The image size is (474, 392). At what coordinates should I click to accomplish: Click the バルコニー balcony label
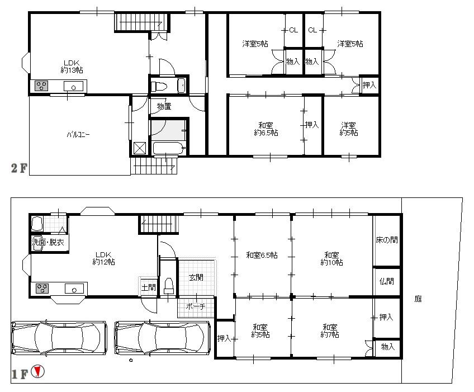[x=78, y=135]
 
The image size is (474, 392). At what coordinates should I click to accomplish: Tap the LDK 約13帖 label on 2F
[x=72, y=67]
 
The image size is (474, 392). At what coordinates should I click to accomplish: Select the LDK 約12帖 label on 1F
[x=104, y=257]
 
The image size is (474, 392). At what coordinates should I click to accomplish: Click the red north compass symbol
[x=37, y=371]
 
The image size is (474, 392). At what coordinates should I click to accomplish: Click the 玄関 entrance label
[x=196, y=277]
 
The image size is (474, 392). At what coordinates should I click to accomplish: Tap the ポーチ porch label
[x=196, y=306]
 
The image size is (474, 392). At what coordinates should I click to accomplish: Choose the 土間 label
[x=148, y=288]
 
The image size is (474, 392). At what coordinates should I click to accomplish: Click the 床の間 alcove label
[x=387, y=240]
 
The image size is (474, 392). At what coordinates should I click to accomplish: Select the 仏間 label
[x=387, y=281]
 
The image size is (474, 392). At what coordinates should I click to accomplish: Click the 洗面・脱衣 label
[x=48, y=243]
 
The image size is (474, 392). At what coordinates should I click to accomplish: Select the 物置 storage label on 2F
[x=164, y=106]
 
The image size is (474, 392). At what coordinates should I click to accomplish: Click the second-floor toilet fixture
[x=160, y=86]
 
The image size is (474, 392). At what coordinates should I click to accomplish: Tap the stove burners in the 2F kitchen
[x=42, y=86]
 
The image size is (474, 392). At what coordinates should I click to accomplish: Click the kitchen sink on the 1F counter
[x=73, y=289]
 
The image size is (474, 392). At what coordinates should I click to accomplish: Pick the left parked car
[x=59, y=337]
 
